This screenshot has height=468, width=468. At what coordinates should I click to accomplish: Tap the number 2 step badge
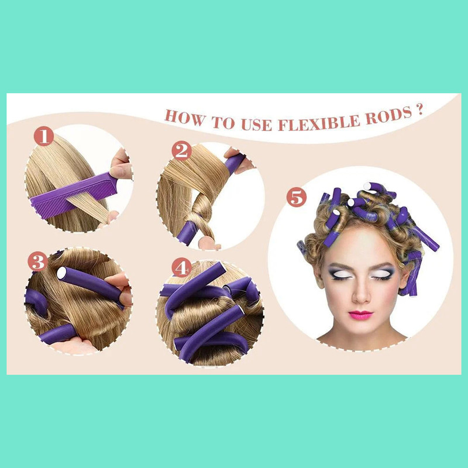[x=181, y=152]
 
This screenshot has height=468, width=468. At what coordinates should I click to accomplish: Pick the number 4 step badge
[x=181, y=267]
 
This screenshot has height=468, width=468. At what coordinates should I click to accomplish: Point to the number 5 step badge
[x=297, y=197]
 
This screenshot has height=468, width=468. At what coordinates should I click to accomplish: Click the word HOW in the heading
[x=183, y=115]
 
